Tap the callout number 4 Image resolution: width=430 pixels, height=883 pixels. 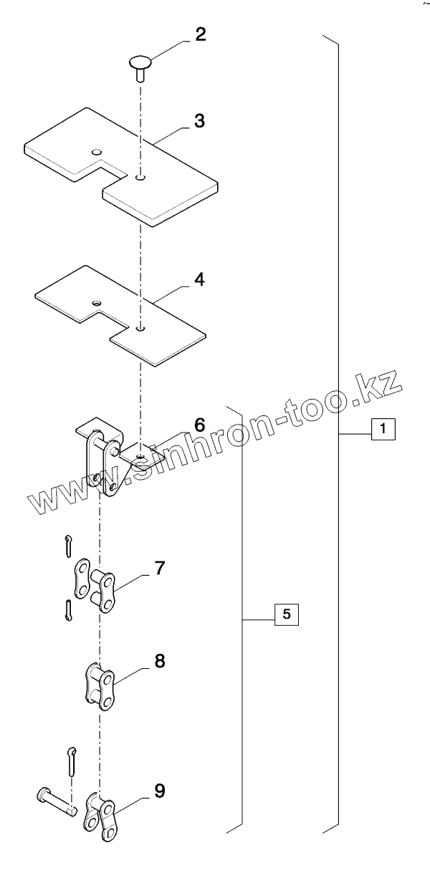tap(199, 279)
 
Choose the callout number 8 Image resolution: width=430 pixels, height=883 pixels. tap(159, 660)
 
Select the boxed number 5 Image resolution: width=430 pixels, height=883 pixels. tap(287, 614)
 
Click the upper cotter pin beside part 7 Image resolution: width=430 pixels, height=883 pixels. tap(67, 544)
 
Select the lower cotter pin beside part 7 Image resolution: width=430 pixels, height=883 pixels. tap(67, 610)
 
